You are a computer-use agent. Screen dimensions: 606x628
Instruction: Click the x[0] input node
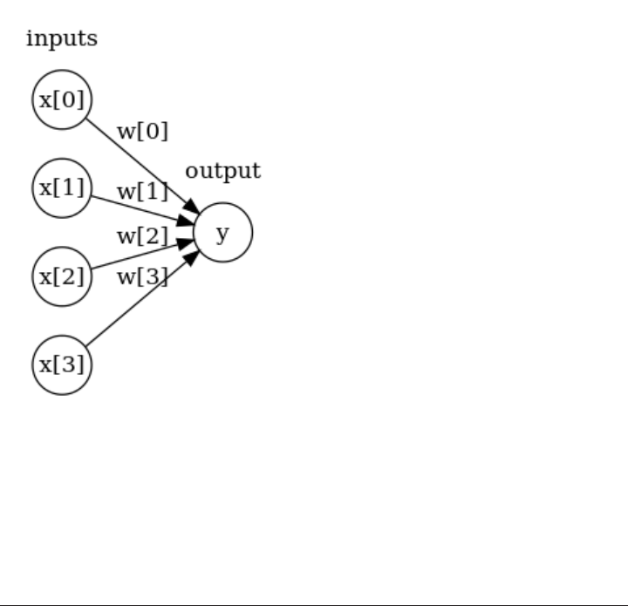click(62, 99)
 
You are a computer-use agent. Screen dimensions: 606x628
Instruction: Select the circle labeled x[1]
click(62, 187)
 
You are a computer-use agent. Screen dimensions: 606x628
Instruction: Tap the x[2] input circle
click(62, 276)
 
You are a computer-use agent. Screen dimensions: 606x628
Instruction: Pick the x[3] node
click(62, 364)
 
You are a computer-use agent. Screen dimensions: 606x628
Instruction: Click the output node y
click(222, 233)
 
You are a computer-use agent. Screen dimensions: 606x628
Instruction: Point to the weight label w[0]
click(142, 132)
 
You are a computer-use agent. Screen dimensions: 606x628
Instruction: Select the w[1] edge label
click(142, 190)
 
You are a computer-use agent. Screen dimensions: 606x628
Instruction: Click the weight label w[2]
click(142, 235)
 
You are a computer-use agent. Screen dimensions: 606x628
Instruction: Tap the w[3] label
click(142, 277)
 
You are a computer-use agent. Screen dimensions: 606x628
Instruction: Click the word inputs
click(61, 38)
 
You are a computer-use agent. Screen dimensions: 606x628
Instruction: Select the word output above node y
click(222, 170)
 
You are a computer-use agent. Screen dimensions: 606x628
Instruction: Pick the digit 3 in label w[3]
click(154, 277)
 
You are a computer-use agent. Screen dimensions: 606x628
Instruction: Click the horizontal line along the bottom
click(314, 603)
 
